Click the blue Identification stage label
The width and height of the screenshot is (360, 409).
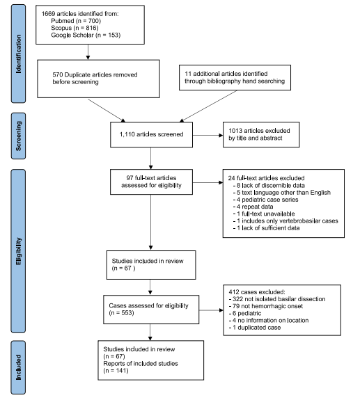tap(18, 54)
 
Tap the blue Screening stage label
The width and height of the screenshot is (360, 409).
tap(18, 136)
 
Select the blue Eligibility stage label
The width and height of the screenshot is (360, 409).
tap(18, 251)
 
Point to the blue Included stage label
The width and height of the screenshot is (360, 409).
tap(18, 367)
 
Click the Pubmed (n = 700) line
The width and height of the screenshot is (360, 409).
tap(76, 21)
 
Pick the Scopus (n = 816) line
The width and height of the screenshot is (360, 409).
tap(75, 28)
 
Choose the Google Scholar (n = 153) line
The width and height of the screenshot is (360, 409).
tap(86, 35)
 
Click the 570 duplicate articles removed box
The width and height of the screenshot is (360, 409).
tap(98, 79)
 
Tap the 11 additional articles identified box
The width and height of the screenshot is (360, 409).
tap(235, 77)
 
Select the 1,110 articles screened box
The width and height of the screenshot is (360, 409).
tap(151, 135)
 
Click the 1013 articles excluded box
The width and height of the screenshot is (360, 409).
tap(261, 135)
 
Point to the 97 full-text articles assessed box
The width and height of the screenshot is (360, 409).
tap(151, 182)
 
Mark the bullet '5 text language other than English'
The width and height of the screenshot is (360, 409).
tap(282, 193)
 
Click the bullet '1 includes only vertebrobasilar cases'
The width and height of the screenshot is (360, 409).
tap(285, 221)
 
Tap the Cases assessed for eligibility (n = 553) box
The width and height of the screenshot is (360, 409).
tap(151, 310)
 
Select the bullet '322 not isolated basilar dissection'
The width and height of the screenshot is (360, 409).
tap(277, 299)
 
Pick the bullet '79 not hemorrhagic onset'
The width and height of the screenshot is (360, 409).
tap(266, 306)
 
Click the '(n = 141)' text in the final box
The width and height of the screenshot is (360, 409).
tap(116, 371)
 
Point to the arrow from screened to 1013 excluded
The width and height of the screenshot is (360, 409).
tap(208, 136)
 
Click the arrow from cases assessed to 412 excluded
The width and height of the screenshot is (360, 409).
tap(211, 310)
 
